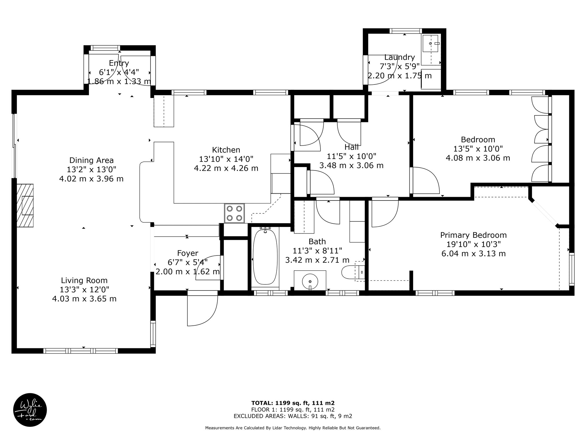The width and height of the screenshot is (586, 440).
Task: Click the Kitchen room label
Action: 226,150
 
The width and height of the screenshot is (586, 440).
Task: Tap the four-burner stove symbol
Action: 234,213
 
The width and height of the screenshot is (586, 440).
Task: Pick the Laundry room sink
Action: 430,43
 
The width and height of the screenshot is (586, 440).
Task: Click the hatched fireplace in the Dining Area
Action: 25,205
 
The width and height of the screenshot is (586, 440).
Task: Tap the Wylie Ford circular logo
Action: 30,410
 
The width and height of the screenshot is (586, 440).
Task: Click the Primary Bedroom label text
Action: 473,235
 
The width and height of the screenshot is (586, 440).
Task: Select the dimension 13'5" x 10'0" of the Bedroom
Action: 478,149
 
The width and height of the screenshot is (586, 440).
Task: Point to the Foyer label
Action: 188,253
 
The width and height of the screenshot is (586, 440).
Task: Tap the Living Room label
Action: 84,280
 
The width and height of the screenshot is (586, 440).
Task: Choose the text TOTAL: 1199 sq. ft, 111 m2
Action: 293,403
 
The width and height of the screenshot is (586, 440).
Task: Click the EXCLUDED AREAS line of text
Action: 293,416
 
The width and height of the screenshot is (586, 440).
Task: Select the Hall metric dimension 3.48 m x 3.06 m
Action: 351,165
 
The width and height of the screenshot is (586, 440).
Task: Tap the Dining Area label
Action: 91,160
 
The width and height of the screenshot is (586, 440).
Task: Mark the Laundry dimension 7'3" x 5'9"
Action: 399,66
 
